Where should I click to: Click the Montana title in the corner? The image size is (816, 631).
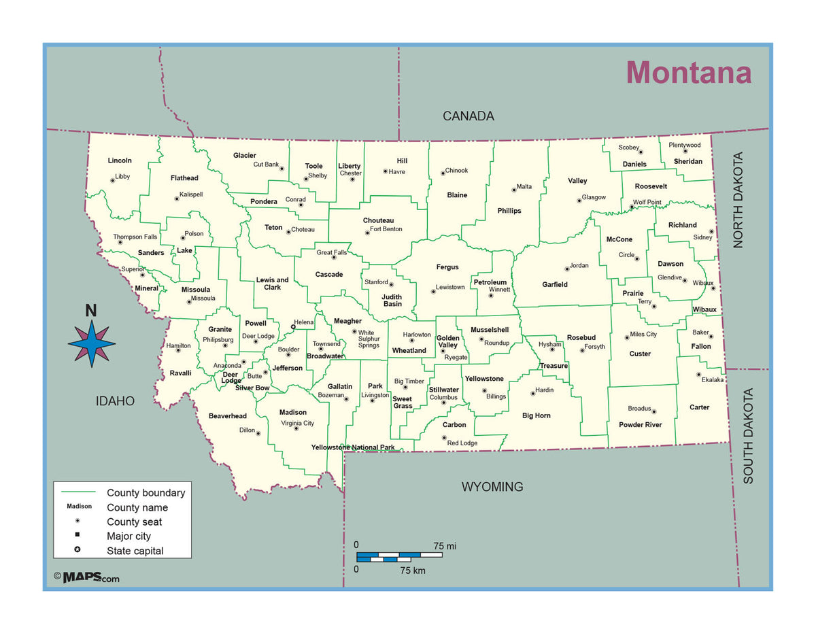pyautogui.click(x=688, y=73)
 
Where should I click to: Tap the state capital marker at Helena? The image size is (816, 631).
pyautogui.click(x=293, y=327)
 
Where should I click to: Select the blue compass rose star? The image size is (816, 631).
pyautogui.click(x=92, y=343)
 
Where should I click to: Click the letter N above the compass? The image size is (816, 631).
pyautogui.click(x=90, y=311)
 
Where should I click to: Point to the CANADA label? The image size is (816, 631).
pyautogui.click(x=469, y=116)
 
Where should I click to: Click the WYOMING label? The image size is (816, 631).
pyautogui.click(x=492, y=487)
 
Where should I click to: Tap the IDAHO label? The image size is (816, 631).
pyautogui.click(x=115, y=401)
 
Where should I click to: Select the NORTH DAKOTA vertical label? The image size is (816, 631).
pyautogui.click(x=738, y=199)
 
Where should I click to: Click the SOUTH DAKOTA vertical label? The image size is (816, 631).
pyautogui.click(x=748, y=436)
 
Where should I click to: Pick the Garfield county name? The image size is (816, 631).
pyautogui.click(x=555, y=284)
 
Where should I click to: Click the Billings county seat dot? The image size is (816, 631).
pyautogui.click(x=484, y=391)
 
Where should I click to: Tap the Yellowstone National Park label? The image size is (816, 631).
pyautogui.click(x=353, y=447)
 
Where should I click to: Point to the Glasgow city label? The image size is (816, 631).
pyautogui.click(x=594, y=197)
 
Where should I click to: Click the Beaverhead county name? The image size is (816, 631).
pyautogui.click(x=228, y=415)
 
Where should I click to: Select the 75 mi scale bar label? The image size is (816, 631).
pyautogui.click(x=445, y=546)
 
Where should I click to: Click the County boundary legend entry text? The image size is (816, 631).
pyautogui.click(x=146, y=493)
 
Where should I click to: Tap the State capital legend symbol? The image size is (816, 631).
pyautogui.click(x=78, y=549)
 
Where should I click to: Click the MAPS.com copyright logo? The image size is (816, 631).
pyautogui.click(x=87, y=577)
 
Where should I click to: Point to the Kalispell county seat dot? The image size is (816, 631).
pyautogui.click(x=177, y=199)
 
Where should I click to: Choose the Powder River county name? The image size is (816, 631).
pyautogui.click(x=640, y=425)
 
